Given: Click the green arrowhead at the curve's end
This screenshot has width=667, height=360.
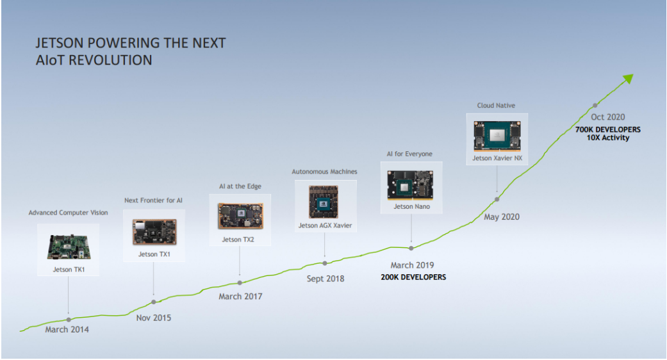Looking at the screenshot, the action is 629,79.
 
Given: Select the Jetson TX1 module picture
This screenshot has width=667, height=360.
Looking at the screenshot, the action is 154,232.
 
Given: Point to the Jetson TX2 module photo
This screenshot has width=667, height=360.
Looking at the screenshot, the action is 240,216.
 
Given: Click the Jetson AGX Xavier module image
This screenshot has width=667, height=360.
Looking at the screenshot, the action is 324,202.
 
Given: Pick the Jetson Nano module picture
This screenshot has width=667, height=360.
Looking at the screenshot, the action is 411,185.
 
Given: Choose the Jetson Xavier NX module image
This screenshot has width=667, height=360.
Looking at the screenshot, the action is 497,136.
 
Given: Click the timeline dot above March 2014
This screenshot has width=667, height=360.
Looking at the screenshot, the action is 69,320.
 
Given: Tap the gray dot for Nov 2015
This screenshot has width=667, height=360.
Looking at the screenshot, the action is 154,302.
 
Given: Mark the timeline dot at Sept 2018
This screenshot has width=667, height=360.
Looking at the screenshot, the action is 325,263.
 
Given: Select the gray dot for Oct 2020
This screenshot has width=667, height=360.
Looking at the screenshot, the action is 595,106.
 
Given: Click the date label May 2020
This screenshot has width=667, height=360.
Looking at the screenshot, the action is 502,217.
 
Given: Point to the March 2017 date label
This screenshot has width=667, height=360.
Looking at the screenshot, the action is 240,296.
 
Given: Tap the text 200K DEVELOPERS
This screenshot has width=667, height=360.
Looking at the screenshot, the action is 413,277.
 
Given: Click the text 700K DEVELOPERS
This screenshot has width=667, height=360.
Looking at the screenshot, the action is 608,129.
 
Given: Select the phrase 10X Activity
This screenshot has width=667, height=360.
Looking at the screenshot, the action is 608,138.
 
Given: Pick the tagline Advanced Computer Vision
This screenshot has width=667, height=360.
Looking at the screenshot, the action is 68,213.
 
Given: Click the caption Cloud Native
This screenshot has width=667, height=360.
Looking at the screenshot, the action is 496,106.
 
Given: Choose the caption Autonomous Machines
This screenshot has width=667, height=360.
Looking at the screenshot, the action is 325,172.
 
